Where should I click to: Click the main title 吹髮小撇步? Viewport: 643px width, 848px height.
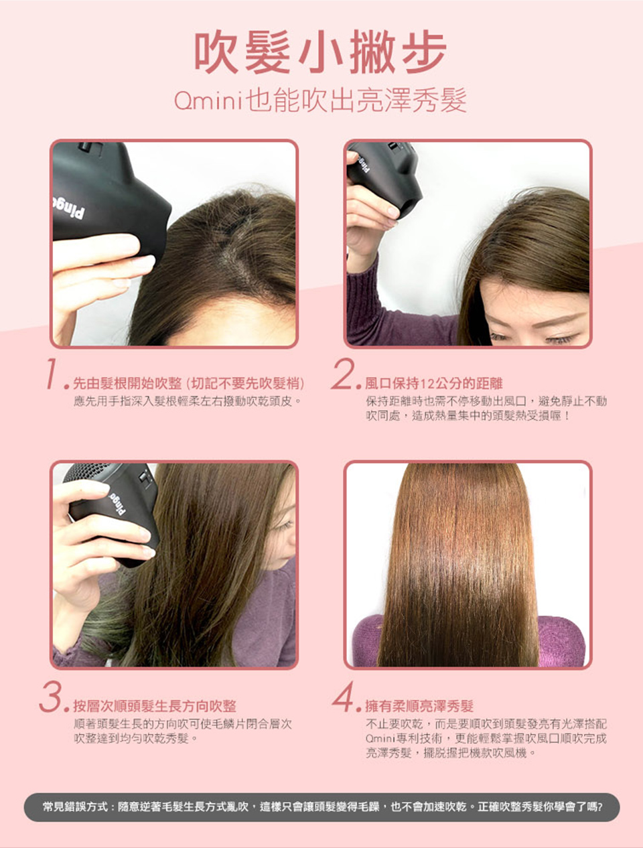click(320, 52)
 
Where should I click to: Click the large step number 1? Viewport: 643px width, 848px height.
click(52, 373)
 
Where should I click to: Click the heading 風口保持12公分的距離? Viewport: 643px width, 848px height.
click(433, 384)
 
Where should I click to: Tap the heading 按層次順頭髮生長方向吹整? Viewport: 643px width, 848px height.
click(155, 706)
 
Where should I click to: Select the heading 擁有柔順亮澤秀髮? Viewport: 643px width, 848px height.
click(419, 706)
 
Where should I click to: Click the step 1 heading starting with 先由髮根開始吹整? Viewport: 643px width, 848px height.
click(189, 384)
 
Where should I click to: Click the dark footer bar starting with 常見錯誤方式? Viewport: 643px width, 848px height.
click(321, 807)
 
